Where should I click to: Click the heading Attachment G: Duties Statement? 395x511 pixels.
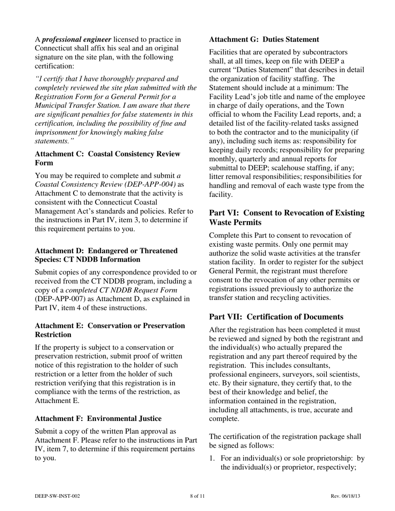point(264,39)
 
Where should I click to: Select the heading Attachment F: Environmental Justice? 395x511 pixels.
point(98,418)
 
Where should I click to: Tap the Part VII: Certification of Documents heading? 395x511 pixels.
point(276,317)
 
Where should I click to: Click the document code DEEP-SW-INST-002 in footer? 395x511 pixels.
point(57,496)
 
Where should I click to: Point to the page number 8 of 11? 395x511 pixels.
point(197,496)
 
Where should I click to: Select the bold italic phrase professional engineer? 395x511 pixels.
point(77,39)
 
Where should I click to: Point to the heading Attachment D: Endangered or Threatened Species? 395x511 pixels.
point(106,255)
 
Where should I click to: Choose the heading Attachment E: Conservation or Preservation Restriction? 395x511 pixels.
point(110,330)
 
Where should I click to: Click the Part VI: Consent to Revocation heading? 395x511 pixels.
point(286,217)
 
